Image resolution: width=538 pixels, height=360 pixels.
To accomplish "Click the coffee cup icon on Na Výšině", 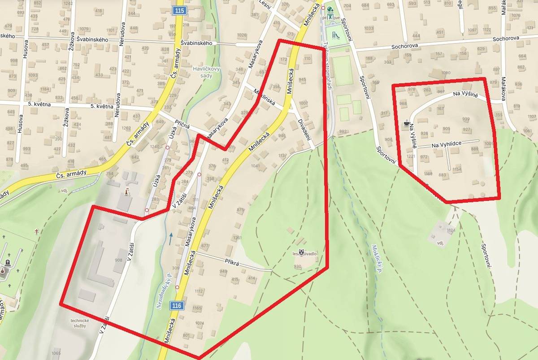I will point(407,121).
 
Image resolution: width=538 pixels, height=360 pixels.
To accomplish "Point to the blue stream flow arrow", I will point(170,238).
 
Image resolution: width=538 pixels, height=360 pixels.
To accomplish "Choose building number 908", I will point(119,260).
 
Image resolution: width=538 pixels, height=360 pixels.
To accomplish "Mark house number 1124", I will point(451,230).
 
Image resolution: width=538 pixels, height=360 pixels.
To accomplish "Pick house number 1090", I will point(445,73).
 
